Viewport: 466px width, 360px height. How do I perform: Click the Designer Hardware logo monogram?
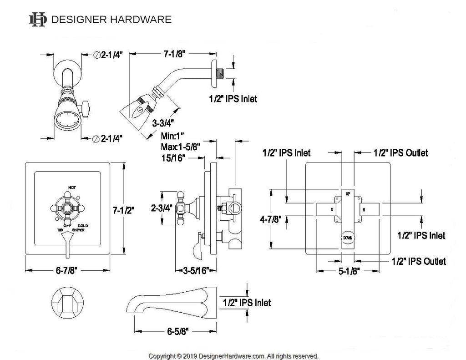point(38,19)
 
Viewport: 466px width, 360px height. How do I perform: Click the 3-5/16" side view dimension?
point(192,272)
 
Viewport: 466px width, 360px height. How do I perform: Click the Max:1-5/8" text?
point(180,147)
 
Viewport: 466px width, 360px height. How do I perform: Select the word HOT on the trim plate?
point(72,187)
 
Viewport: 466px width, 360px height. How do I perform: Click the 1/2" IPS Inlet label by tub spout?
point(247,303)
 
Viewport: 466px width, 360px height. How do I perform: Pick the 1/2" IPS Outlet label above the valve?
point(400,153)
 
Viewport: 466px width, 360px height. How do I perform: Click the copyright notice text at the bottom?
point(233,355)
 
